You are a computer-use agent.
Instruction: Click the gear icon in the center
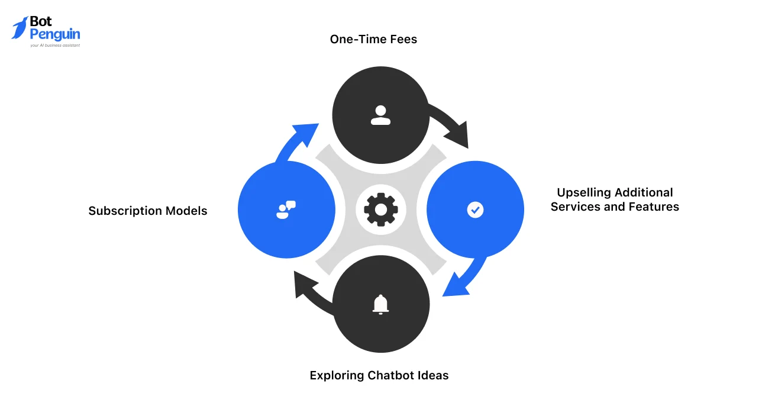tap(380, 210)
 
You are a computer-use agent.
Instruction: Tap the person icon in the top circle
tap(380, 115)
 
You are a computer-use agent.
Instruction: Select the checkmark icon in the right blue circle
tap(475, 210)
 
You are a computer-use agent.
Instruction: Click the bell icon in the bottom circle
tap(380, 304)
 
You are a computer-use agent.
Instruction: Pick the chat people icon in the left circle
tap(286, 210)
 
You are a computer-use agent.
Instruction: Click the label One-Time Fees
tap(373, 40)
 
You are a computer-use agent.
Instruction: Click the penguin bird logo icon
tap(19, 28)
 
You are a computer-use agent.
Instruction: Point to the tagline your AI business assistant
tap(54, 45)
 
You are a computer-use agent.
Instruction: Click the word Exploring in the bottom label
tap(337, 375)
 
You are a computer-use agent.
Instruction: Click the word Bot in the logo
tap(41, 22)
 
